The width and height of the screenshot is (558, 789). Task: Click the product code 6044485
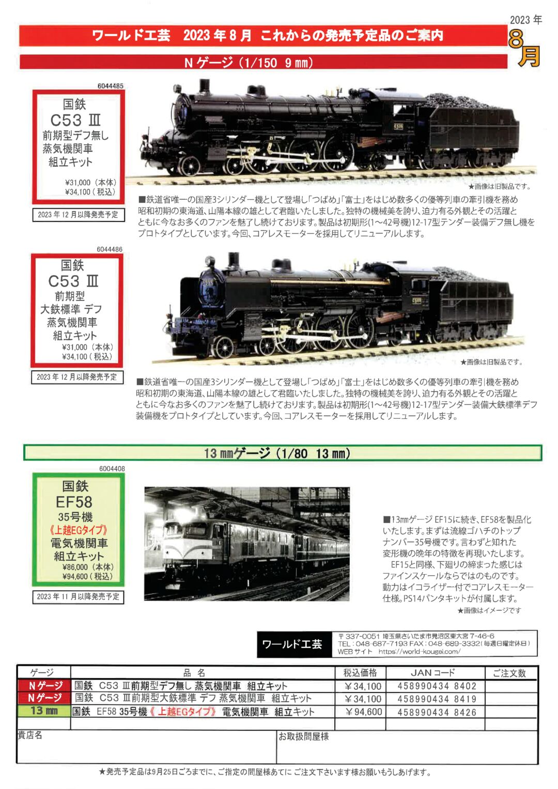(x=110, y=86)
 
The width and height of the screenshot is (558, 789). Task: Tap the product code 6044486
(x=110, y=249)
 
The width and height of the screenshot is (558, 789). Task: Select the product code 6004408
(x=112, y=469)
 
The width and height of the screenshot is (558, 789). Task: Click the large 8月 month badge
(x=524, y=49)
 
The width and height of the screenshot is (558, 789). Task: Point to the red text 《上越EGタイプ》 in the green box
(x=79, y=530)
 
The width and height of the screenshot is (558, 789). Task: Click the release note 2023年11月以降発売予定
(x=78, y=596)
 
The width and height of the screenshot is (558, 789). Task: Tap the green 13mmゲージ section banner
(x=282, y=453)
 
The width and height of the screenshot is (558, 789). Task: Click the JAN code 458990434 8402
(x=437, y=686)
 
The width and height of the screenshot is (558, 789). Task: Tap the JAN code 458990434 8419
(x=437, y=699)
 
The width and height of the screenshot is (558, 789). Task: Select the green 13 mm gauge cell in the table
(x=44, y=711)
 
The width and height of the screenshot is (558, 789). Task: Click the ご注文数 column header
(x=509, y=673)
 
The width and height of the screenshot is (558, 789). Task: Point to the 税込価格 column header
(x=360, y=673)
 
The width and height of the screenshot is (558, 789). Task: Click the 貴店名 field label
(x=30, y=735)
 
